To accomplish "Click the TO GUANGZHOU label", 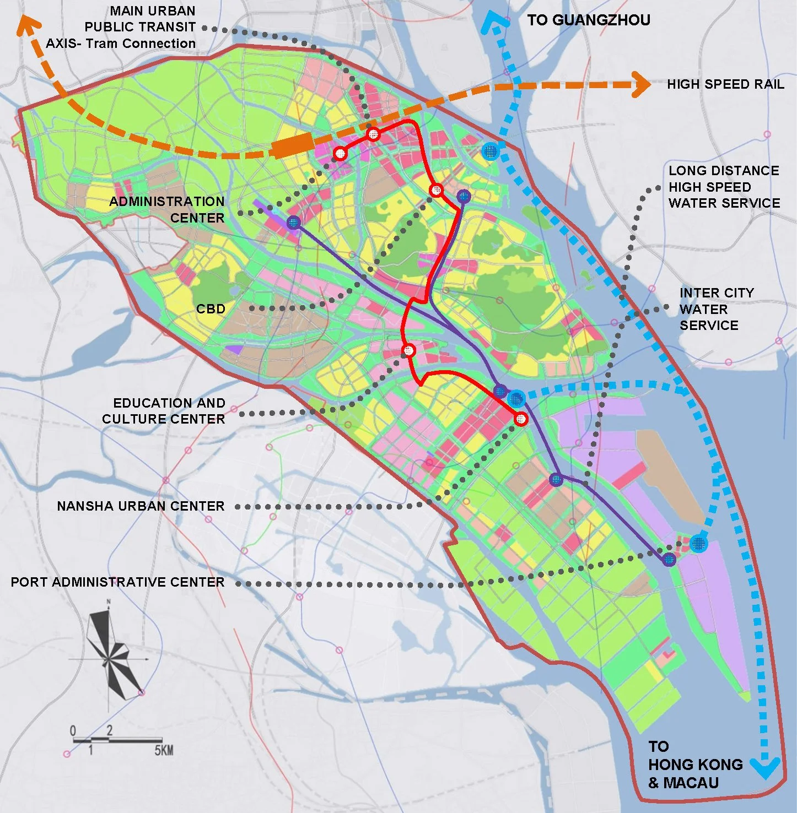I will coord(588,20).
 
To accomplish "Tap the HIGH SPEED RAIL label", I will coord(725,84).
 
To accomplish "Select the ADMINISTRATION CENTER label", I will coord(167,209).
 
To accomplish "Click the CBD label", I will coord(211,308).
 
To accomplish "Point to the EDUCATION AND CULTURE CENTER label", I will coord(164,411).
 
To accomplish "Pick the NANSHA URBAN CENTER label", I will coord(141,506).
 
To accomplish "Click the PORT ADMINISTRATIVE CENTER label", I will coord(117,582).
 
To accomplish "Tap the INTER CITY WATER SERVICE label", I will coord(715,309).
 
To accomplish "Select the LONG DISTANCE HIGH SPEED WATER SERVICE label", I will coord(724,187).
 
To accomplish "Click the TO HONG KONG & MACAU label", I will coord(694,765).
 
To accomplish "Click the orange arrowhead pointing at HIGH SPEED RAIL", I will coord(642,84).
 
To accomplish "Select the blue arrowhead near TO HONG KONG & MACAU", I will coord(766,767).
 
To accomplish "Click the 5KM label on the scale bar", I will coord(163,750).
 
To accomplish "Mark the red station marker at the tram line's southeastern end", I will coord(520,419).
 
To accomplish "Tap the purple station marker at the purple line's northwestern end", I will coord(293,223).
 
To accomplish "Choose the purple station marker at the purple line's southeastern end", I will coord(669,560).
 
